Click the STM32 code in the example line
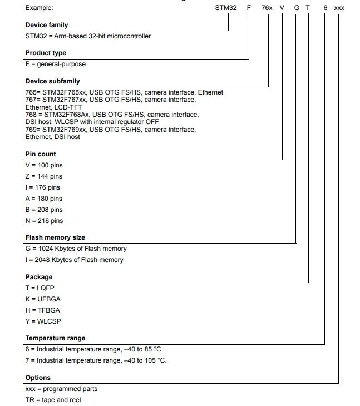(x=225, y=8)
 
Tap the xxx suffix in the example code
(x=339, y=8)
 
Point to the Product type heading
(x=46, y=53)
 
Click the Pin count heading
(x=41, y=154)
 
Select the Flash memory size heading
(x=55, y=237)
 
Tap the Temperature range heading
(x=55, y=338)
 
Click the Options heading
(x=38, y=378)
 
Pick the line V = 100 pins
(x=44, y=165)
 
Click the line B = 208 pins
(x=44, y=210)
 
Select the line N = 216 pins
(x=44, y=221)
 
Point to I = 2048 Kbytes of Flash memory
(x=75, y=260)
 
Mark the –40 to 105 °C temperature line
(x=96, y=360)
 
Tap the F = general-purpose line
(x=55, y=64)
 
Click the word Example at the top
(x=40, y=8)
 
